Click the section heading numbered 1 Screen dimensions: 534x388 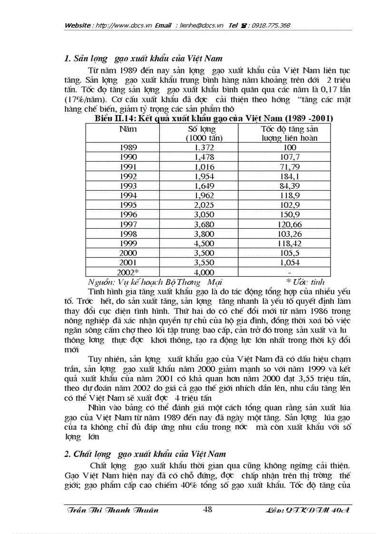coord(143,59)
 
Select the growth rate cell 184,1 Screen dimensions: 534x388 coord(289,176)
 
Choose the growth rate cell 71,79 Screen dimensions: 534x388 coord(289,167)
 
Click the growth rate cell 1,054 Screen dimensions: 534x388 coord(289,262)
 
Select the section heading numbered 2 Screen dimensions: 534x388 coord(145,454)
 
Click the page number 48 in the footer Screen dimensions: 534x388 coord(207,509)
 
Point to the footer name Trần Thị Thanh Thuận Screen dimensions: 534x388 coord(111,510)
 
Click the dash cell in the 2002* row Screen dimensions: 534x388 coord(289,272)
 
